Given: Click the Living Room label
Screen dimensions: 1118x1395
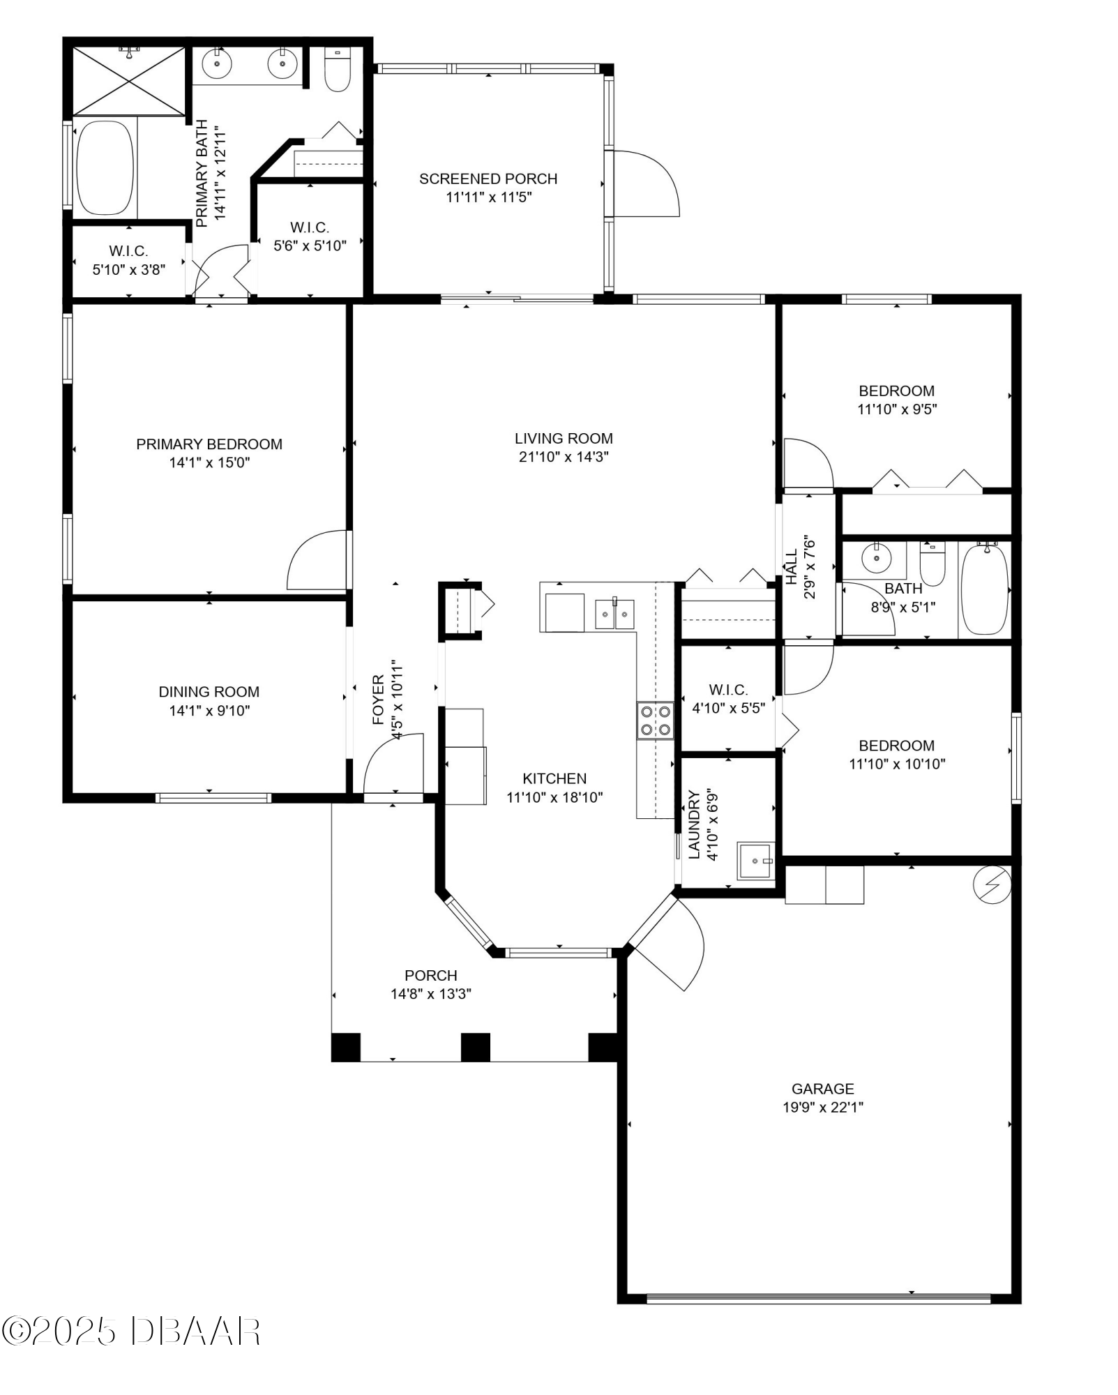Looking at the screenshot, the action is click(564, 439).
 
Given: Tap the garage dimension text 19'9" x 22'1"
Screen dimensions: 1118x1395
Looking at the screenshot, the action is click(823, 1107).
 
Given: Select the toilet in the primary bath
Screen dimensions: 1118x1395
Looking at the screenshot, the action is click(338, 70).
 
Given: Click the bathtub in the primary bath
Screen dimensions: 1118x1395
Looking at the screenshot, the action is click(105, 168).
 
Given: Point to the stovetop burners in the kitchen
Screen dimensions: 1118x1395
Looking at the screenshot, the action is click(655, 721).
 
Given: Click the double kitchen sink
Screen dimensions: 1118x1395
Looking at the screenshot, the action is click(614, 614).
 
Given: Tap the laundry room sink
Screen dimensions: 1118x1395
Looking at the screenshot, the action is click(756, 861).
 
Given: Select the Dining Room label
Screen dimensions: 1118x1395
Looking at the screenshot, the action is click(209, 692).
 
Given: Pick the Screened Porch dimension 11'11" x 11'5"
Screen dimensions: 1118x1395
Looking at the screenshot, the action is click(489, 197).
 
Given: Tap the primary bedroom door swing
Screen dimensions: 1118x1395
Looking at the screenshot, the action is click(317, 560).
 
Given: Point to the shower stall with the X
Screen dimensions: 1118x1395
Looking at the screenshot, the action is click(129, 80).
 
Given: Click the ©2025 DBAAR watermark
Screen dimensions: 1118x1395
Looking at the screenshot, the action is click(131, 1332).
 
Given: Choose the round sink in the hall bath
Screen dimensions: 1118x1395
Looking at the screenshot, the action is click(876, 558).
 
